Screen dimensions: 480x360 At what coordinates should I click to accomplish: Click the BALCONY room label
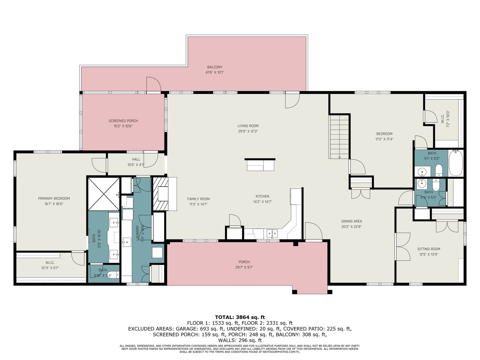click(214, 67)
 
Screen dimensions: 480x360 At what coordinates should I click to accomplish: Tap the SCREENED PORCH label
click(123, 121)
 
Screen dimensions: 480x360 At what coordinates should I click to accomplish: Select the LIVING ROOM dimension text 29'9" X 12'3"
click(248, 131)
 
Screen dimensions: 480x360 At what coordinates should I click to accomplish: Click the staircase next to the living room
click(339, 136)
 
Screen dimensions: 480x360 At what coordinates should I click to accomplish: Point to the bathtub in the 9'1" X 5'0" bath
click(456, 163)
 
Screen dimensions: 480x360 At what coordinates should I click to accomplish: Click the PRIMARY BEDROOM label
click(54, 199)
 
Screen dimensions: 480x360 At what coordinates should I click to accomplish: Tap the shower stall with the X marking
click(104, 194)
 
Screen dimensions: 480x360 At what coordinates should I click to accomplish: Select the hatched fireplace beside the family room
click(160, 194)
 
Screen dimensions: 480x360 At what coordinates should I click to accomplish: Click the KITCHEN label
click(262, 196)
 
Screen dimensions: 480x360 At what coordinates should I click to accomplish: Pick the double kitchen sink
click(272, 234)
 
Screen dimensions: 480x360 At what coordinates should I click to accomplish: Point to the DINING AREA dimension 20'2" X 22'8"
click(352, 227)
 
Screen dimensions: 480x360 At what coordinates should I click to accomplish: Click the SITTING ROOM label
click(429, 249)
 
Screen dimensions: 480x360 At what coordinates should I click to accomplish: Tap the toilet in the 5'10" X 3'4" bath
click(114, 274)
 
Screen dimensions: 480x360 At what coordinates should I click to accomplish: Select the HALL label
click(136, 159)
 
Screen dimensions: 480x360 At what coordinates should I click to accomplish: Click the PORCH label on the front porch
click(244, 262)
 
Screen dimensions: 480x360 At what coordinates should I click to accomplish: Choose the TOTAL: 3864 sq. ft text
click(240, 317)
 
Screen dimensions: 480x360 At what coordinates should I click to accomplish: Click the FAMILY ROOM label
click(198, 199)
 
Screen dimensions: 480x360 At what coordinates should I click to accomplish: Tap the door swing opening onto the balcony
click(154, 84)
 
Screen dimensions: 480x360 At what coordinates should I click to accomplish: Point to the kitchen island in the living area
click(260, 165)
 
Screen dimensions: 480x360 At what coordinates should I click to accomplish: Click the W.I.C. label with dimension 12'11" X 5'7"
click(50, 262)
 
